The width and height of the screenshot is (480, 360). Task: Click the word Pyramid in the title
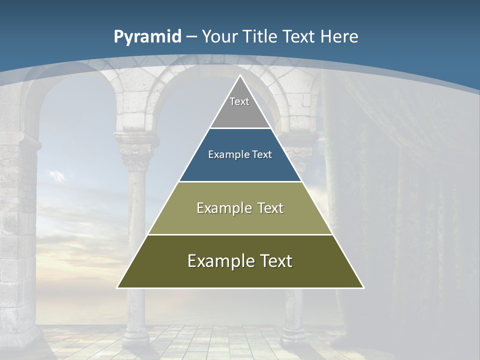147,37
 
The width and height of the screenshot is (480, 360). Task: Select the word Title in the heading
261,37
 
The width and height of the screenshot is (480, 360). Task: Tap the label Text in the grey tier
239,101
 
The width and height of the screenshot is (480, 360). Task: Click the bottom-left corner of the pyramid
117,287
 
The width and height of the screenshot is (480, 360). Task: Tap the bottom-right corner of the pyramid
363,287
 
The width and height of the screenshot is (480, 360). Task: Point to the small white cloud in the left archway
57,175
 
